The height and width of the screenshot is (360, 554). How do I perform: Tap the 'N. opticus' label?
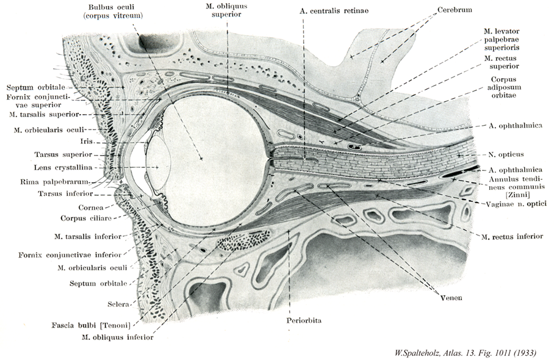click(506, 154)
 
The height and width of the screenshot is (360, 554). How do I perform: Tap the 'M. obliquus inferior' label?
click(116, 336)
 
